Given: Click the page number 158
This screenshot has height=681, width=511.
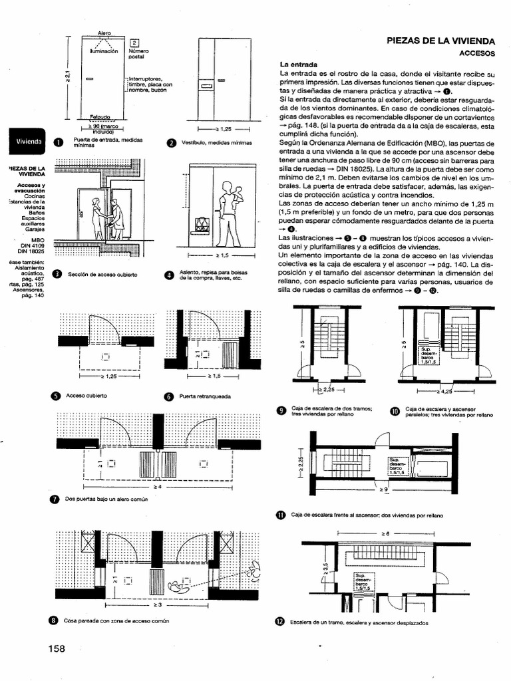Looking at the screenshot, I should tap(57, 648).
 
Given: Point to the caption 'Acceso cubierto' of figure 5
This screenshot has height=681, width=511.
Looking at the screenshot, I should tap(86, 395).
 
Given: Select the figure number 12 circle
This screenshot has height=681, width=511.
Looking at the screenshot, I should tap(280, 622).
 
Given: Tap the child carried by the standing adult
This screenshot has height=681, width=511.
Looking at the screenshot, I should tap(238, 193).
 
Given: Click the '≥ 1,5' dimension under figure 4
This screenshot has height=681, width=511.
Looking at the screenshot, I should tap(222, 255).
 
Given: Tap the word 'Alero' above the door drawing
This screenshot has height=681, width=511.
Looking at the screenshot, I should tap(104, 33).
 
